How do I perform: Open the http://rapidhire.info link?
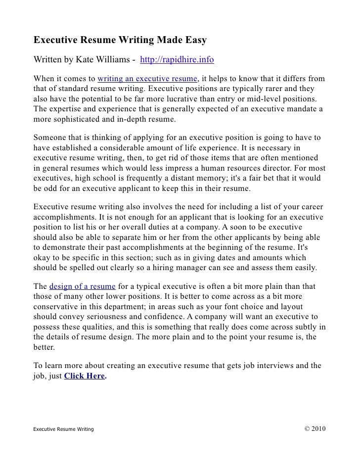point(177,60)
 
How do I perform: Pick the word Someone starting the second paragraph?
point(50,139)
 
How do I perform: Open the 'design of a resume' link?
point(83,287)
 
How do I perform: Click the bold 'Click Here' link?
point(85,376)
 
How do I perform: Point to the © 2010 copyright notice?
point(313,428)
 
